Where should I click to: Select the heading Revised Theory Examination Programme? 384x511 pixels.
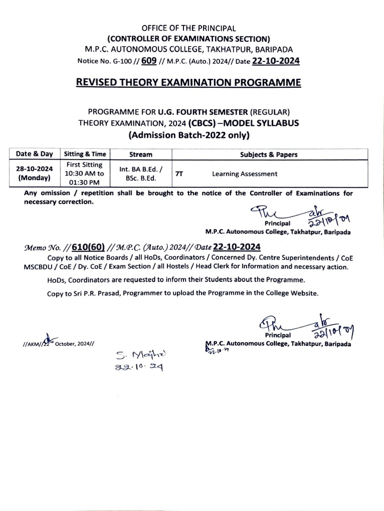click(x=192, y=82)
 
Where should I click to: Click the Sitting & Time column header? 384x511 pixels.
click(x=84, y=154)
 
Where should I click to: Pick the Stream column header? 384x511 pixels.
click(x=140, y=155)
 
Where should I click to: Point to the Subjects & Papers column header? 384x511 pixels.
click(x=268, y=155)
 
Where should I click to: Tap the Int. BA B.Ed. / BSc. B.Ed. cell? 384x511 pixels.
click(x=140, y=173)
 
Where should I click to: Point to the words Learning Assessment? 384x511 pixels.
click(x=244, y=174)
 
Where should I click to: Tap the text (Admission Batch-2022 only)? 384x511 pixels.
click(x=192, y=135)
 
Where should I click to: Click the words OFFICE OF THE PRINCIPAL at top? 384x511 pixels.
click(x=192, y=29)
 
